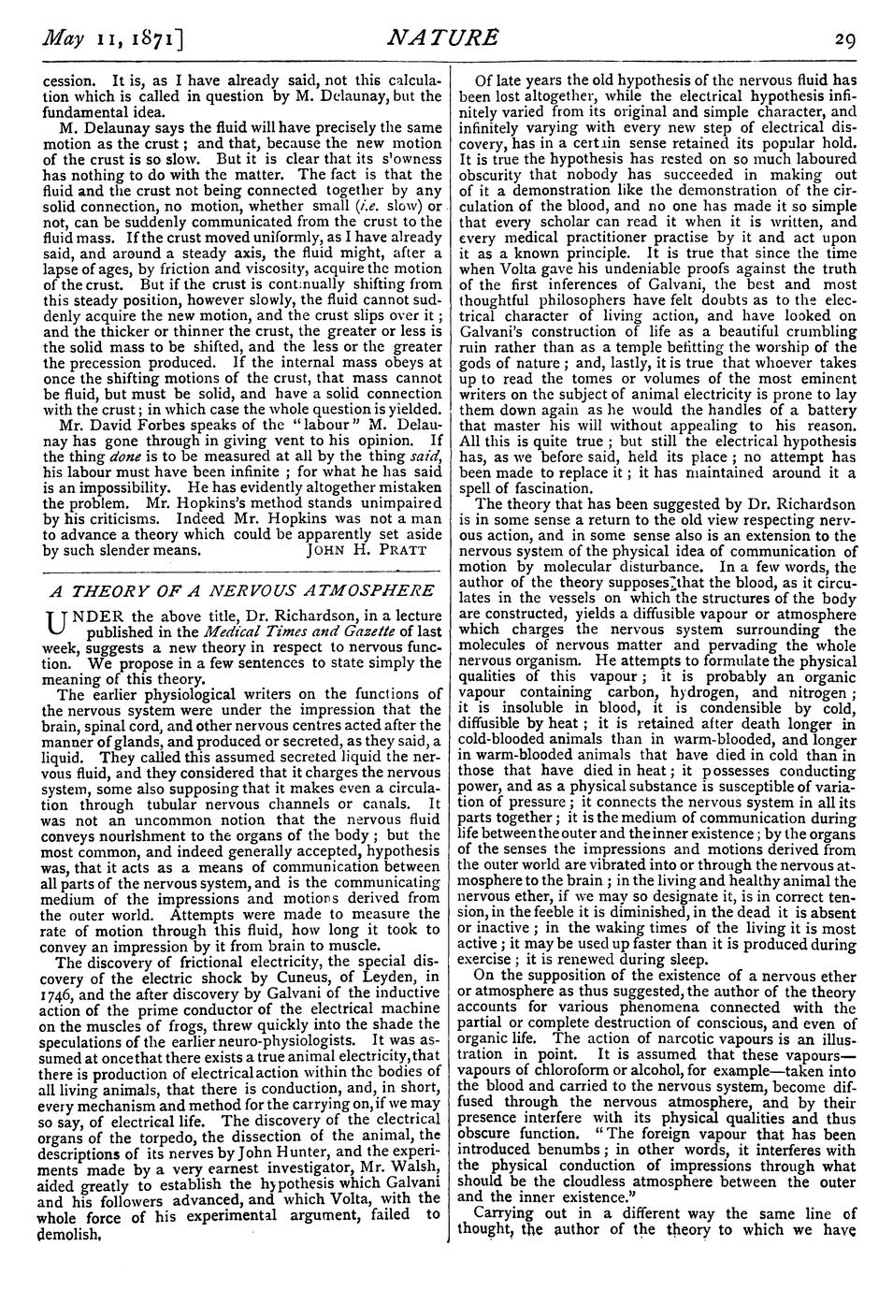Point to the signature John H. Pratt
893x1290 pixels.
point(366,550)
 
